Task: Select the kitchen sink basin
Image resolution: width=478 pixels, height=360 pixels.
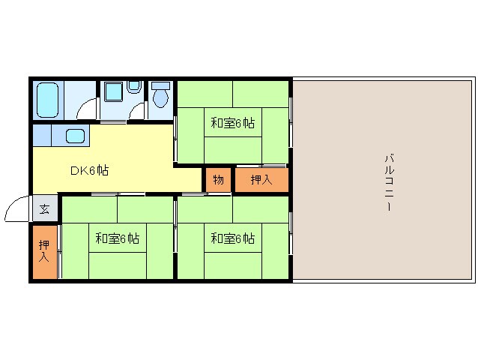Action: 76,136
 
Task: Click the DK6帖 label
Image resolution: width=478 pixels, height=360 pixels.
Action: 89,170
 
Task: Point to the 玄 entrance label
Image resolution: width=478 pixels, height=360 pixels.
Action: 45,208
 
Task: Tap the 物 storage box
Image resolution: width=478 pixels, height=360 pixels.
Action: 218,180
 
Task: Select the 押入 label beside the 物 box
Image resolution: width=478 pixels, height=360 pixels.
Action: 261,180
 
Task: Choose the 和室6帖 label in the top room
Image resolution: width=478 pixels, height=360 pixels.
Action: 232,123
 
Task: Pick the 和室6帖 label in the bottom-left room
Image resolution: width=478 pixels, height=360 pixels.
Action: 117,238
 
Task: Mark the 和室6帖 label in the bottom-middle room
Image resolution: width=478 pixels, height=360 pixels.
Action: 232,238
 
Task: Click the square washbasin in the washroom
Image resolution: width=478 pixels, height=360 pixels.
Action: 114,92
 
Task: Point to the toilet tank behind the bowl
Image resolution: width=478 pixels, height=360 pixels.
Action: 160,85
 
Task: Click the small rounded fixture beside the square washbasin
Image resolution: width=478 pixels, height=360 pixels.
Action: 133,88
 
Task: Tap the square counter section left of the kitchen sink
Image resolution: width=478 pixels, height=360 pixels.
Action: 42,136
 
